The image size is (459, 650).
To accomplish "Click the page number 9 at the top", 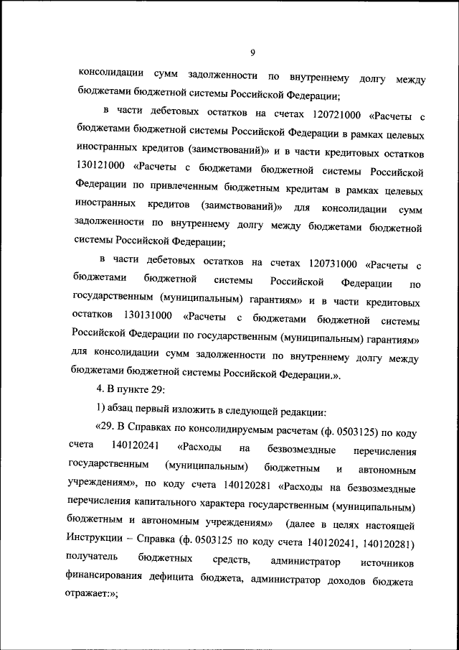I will [x=253, y=51].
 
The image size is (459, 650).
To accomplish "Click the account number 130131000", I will [x=147, y=315].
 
